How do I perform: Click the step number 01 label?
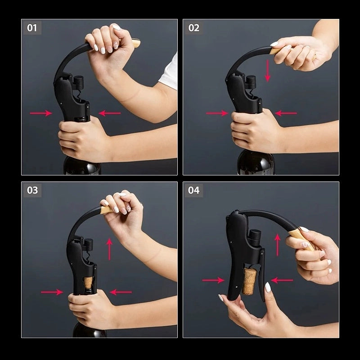pos(32,28)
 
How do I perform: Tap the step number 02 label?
pos(193,28)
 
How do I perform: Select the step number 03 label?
pos(32,190)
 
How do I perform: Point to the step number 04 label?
pos(193,190)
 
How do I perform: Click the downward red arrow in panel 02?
pos(267,71)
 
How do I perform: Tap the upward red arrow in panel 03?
pos(109,249)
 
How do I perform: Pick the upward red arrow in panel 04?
pos(278,245)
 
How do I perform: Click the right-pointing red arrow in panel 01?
pos(41,113)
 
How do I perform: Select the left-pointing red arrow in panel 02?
pos(286,113)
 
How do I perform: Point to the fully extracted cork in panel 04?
pos(248,281)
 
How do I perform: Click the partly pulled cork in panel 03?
pos(88,283)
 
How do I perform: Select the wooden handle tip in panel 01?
pos(135,43)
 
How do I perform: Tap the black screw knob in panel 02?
pos(251,82)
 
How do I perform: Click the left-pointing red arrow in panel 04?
pos(282,280)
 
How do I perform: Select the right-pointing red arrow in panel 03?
pos(52,292)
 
